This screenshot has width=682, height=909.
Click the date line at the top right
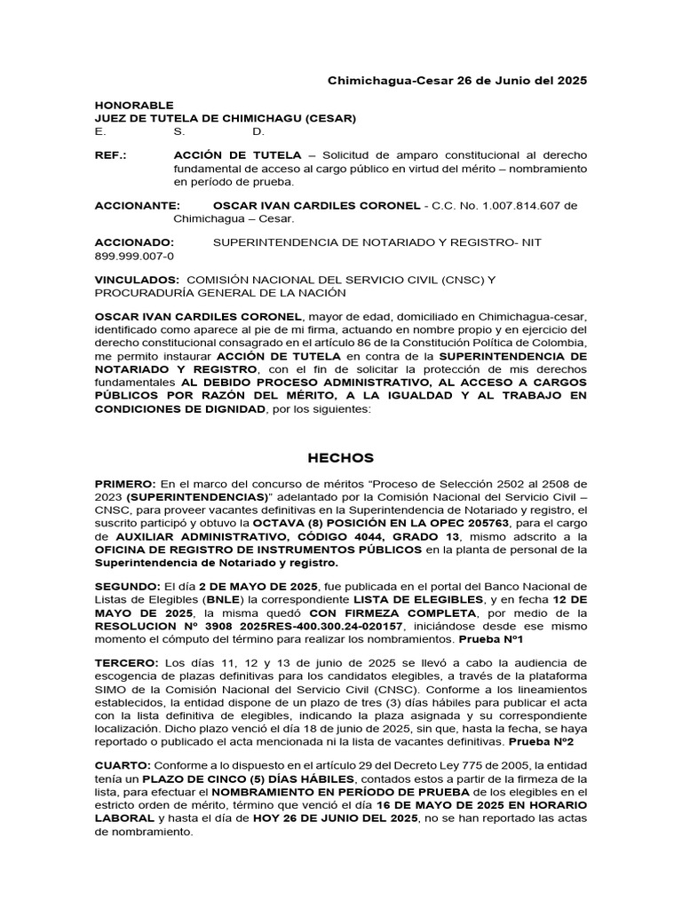(x=457, y=80)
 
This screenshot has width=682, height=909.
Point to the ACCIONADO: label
(x=134, y=242)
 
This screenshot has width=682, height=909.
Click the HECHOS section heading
(x=341, y=458)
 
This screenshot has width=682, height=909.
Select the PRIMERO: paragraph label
(x=125, y=484)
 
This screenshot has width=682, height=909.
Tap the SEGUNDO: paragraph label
(x=128, y=587)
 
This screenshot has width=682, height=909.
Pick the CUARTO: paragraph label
(x=123, y=765)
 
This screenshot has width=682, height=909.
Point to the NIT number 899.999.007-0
(x=134, y=256)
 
